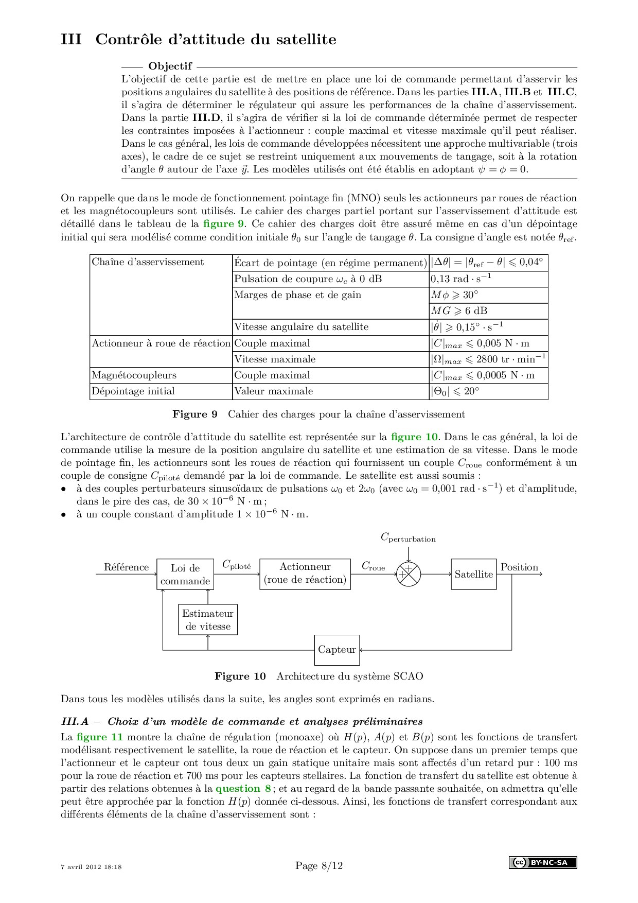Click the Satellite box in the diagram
[473, 574]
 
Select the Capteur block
[337, 650]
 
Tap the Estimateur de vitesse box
[208, 620]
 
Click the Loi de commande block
[185, 575]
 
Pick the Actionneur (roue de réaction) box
[305, 574]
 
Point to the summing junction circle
[408, 574]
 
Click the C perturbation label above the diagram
[408, 537]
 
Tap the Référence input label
[126, 567]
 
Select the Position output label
[519, 567]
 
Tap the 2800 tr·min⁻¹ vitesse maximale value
[488, 359]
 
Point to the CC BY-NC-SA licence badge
[543, 862]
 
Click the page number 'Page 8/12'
[319, 865]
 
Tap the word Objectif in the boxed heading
[170, 66]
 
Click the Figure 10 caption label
[240, 676]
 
